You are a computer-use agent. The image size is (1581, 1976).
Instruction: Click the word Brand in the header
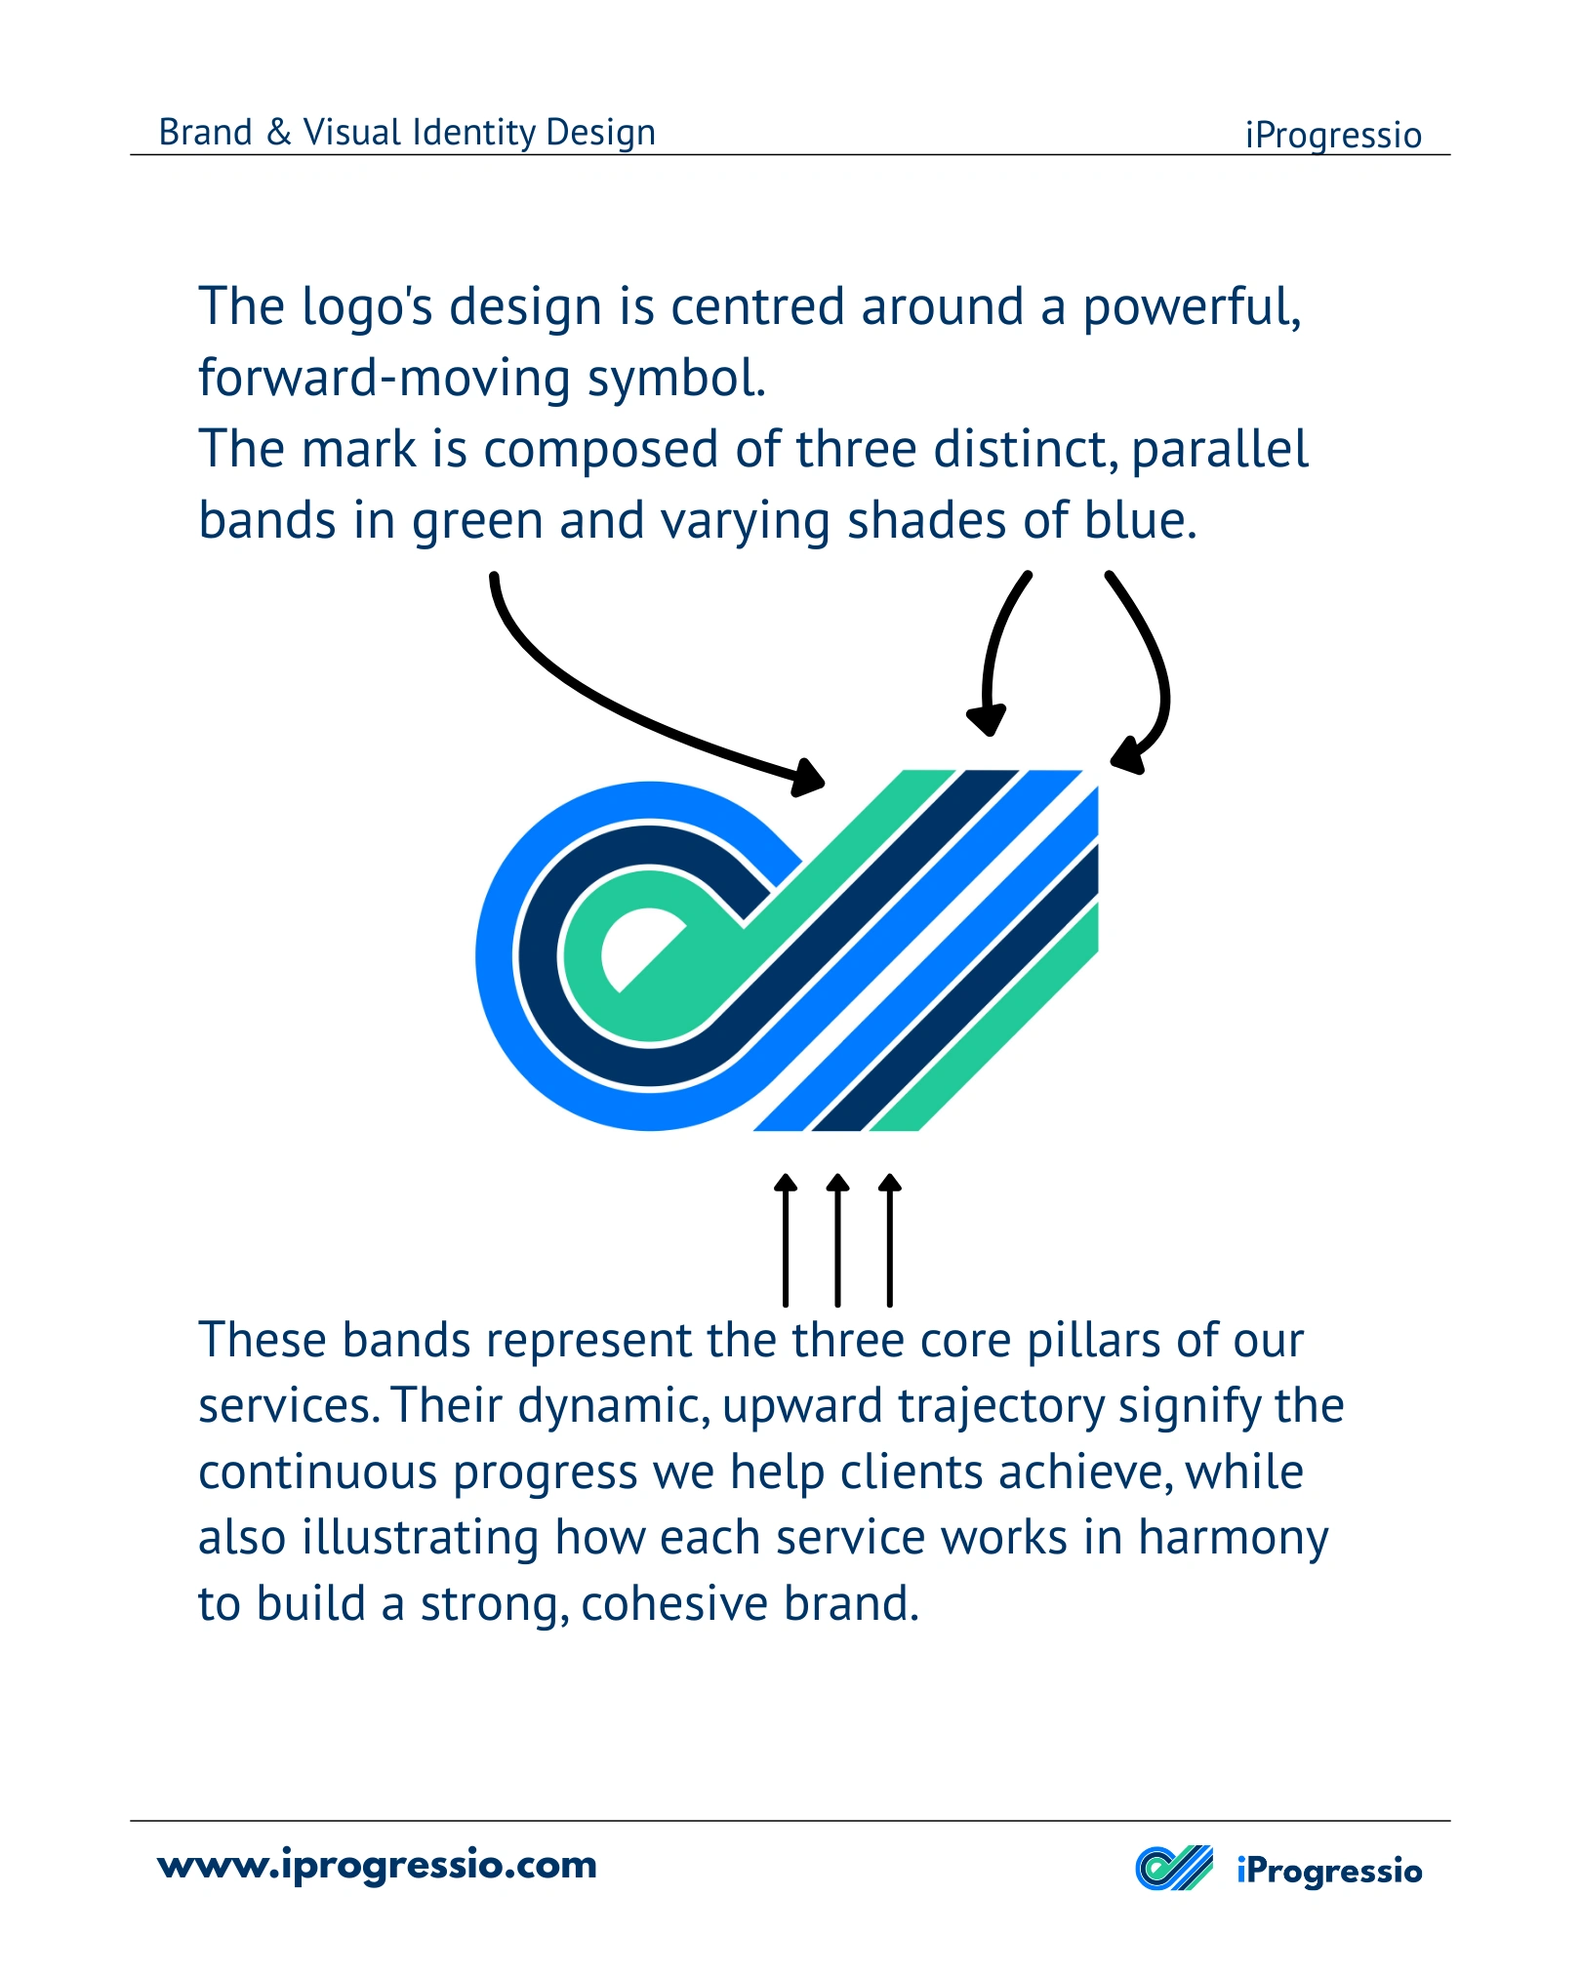pos(205,132)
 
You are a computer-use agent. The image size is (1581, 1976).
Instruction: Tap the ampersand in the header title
pos(279,133)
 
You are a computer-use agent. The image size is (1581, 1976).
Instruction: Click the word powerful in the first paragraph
pos(1192,308)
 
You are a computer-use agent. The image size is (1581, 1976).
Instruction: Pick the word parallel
pos(1220,450)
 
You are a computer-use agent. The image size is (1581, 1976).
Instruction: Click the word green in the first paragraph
pos(477,523)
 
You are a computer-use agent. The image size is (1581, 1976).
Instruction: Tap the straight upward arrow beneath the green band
pos(889,1239)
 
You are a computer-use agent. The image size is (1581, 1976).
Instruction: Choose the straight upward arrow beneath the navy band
pos(837,1239)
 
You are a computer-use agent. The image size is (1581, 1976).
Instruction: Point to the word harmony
pos(1234,1539)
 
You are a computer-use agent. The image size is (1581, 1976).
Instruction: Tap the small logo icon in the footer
pos(1174,1869)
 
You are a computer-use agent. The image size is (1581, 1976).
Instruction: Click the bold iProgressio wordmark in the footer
pos(1329,1872)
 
